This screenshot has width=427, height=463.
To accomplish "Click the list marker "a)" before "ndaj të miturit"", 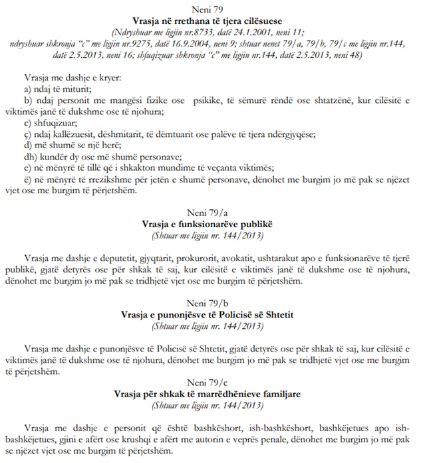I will [x=27, y=88].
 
